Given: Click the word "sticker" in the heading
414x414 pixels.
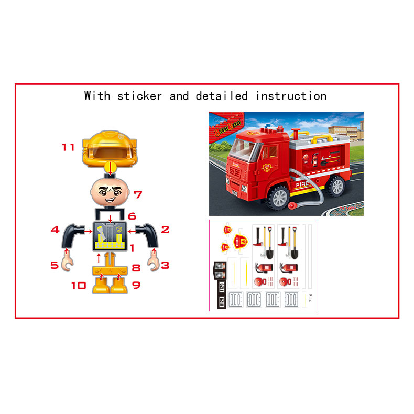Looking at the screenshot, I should click(140, 96).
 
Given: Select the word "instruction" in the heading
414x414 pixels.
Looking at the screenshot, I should click(291, 96).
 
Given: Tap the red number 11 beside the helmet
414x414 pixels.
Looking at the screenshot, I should click(68, 147).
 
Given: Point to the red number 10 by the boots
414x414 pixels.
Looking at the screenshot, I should click(79, 286).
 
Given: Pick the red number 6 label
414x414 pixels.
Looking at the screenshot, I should click(132, 215).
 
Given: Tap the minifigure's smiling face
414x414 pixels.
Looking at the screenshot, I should click(110, 192).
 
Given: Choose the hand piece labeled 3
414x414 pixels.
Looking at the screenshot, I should click(153, 260).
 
